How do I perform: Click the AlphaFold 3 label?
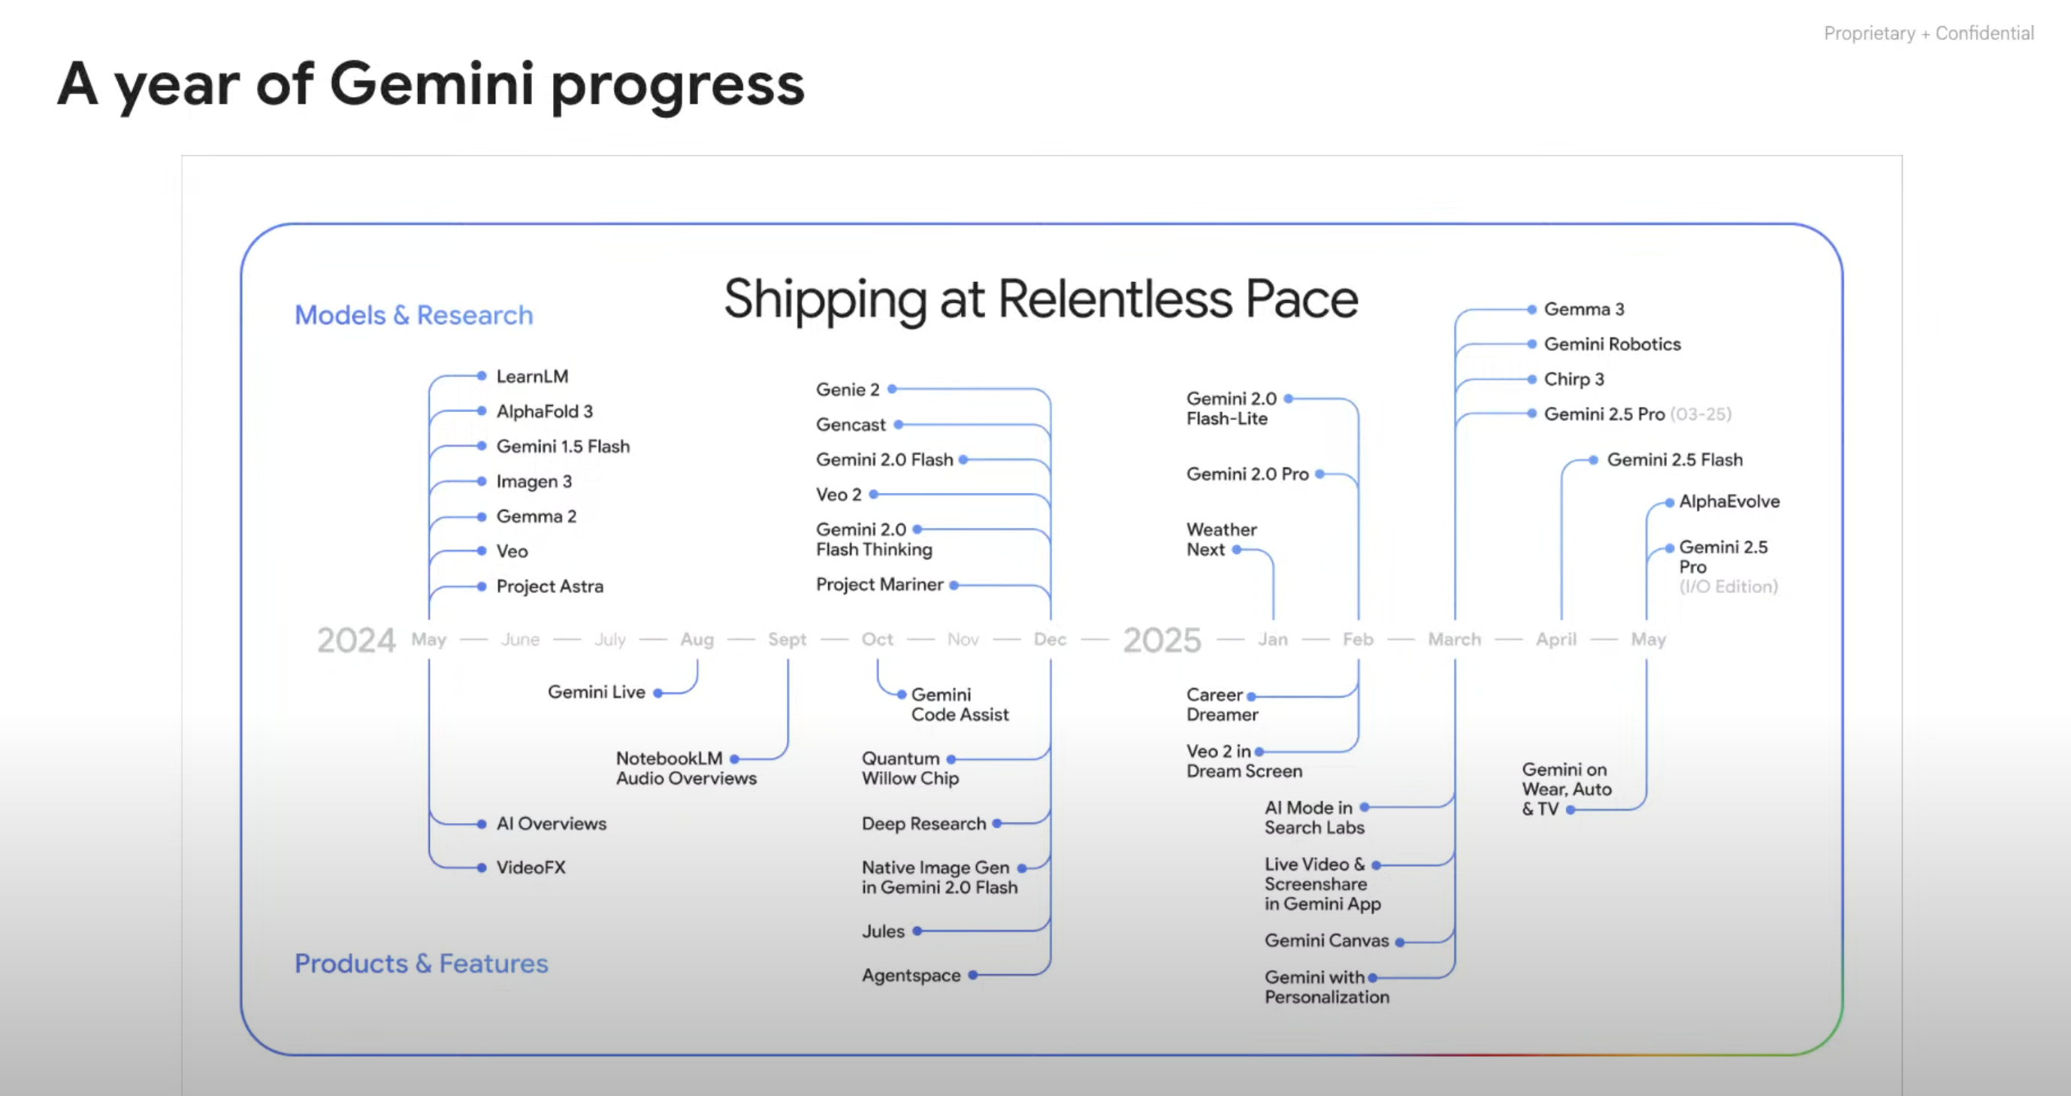pyautogui.click(x=544, y=412)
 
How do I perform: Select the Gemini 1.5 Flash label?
pyautogui.click(x=563, y=447)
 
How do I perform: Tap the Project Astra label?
pyautogui.click(x=549, y=586)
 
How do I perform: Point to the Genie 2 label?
pyautogui.click(x=848, y=390)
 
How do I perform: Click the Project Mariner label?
pyautogui.click(x=879, y=585)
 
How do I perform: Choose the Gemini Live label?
pyautogui.click(x=596, y=692)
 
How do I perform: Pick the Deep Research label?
pyautogui.click(x=924, y=824)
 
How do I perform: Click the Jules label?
pyautogui.click(x=883, y=931)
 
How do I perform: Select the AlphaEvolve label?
pyautogui.click(x=1729, y=501)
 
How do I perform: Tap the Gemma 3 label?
pyautogui.click(x=1584, y=310)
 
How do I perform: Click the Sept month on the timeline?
pyautogui.click(x=786, y=639)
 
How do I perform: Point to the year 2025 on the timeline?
pyautogui.click(x=1162, y=640)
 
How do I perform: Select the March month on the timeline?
pyautogui.click(x=1454, y=639)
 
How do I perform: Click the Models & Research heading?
pyautogui.click(x=413, y=315)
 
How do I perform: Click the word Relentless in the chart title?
pyautogui.click(x=1115, y=299)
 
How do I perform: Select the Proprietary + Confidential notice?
pyautogui.click(x=1929, y=33)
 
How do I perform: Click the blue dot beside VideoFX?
pyautogui.click(x=482, y=867)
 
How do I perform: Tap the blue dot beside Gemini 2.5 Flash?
pyautogui.click(x=1593, y=460)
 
